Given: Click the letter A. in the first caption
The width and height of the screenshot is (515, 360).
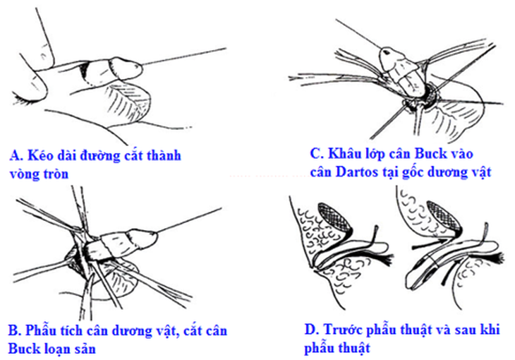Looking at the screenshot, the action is point(16,155).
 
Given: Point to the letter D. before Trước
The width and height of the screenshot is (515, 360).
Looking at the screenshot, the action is point(312,329).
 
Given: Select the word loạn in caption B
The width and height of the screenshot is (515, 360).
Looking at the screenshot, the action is point(54,349).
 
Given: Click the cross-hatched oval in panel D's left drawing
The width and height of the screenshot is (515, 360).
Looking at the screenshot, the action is point(334,217).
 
